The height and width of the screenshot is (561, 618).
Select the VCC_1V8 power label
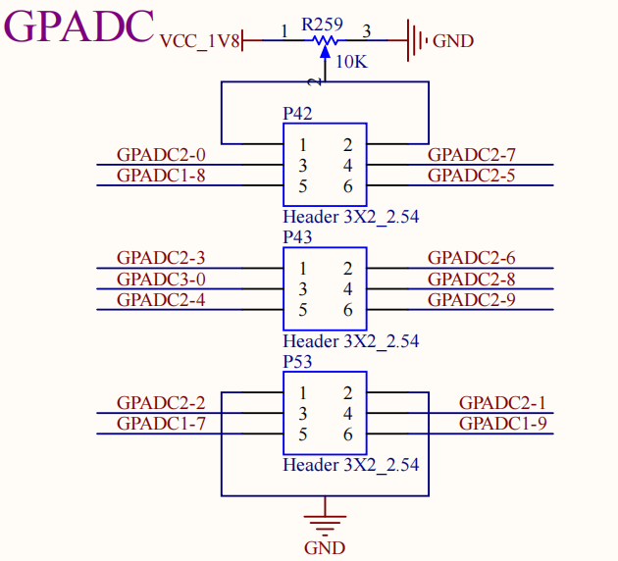[199, 41]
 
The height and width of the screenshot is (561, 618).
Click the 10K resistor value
[351, 63]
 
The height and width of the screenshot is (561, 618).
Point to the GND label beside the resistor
[452, 41]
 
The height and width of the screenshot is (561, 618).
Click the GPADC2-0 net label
[161, 155]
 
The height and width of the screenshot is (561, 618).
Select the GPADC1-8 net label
[161, 176]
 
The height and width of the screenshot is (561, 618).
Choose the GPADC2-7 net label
[471, 155]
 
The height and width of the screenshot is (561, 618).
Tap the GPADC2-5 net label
[471, 176]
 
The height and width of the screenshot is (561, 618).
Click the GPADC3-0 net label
[161, 280]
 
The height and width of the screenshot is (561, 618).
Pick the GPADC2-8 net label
[471, 280]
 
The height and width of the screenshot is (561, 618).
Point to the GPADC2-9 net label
[471, 300]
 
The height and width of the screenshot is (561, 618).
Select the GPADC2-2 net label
[161, 403]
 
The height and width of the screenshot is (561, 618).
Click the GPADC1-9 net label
[502, 424]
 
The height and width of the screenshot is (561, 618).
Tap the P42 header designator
[297, 114]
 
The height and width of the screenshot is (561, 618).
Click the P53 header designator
[297, 362]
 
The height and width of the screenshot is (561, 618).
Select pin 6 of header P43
[347, 311]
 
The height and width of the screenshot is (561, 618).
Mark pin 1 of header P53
[304, 393]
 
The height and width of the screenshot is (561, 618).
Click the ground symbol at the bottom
[325, 519]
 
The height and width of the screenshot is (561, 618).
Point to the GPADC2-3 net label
[161, 259]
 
